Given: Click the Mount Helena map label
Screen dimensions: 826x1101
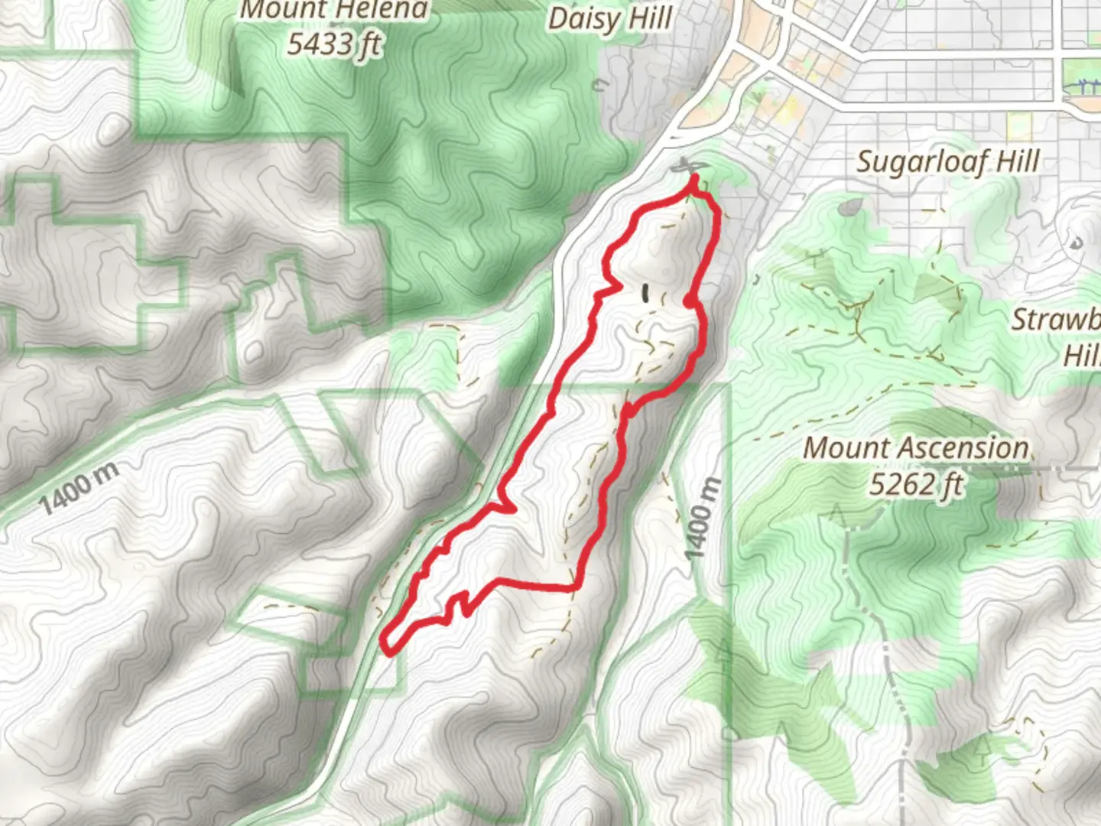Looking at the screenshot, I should [x=333, y=11].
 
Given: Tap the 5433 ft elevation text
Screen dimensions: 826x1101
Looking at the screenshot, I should [x=334, y=44].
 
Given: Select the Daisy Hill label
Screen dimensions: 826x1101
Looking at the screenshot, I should [x=610, y=18].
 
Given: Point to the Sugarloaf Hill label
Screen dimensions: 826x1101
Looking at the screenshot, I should [x=947, y=161].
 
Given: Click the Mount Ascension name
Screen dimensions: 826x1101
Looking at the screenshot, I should [x=916, y=447].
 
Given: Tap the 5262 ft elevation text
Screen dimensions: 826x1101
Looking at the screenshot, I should [x=916, y=483].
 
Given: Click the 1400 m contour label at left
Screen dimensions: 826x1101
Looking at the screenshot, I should [x=80, y=488].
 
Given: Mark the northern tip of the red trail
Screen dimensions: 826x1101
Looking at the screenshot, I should [x=694, y=179].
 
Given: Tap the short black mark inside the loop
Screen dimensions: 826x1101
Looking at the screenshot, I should [x=646, y=293].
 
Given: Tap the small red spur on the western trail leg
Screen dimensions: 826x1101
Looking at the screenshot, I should [x=508, y=507].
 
